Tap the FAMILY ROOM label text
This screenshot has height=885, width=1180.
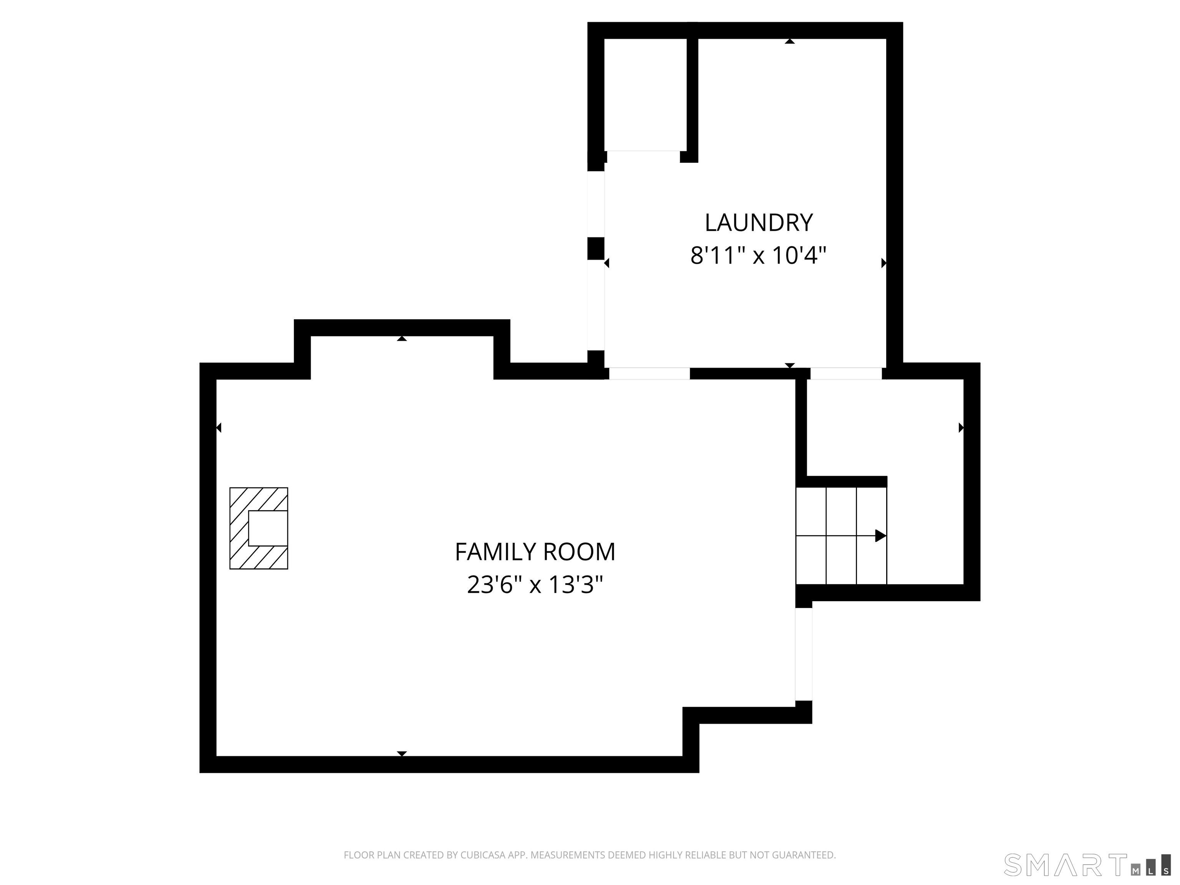coord(535,552)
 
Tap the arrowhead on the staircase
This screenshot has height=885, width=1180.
coord(880,535)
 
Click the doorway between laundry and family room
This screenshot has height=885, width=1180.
coord(649,373)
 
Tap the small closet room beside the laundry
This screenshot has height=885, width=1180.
coord(645,94)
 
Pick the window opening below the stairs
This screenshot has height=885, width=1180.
coord(804,655)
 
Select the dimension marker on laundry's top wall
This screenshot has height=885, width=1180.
coord(789,41)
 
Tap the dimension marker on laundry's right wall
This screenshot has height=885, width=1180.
coord(883,263)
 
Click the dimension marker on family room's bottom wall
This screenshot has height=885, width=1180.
coord(402,754)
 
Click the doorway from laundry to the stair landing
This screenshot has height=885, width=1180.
coord(845,373)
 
